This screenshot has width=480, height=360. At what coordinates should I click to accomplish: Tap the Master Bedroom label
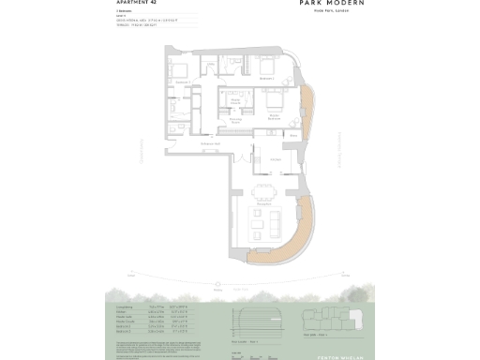tap(275, 119)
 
